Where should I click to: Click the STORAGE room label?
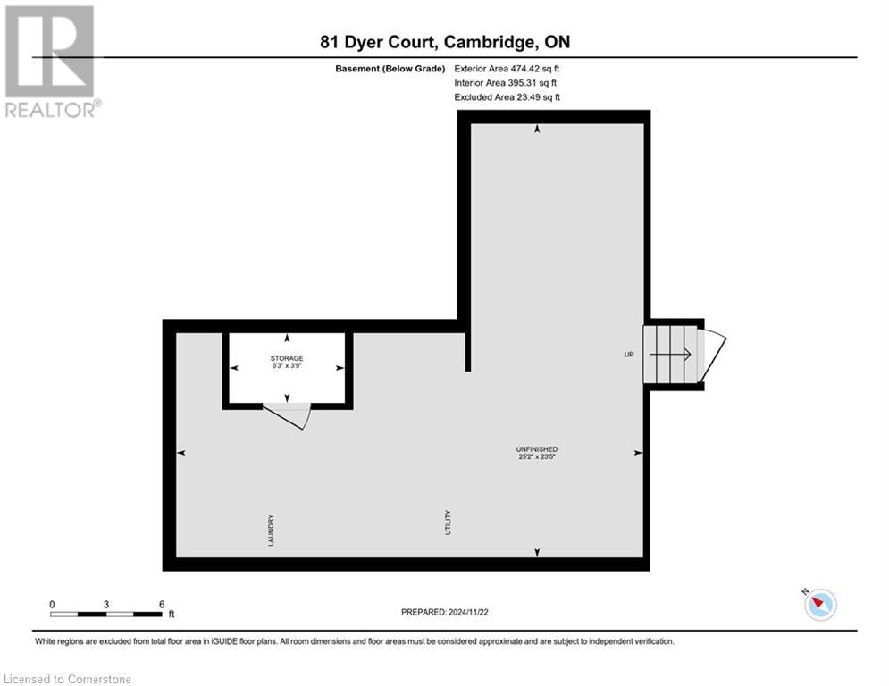pos(287,358)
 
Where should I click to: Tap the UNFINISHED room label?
pos(536,448)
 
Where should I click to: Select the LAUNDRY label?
pos(270,530)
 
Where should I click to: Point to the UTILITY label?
pos(448,522)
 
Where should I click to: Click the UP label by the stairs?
pos(628,355)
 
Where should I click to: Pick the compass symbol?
pos(819,605)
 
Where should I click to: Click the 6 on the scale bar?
pos(161,605)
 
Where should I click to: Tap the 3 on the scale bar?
pos(106,605)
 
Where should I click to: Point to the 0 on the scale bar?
pos(52,605)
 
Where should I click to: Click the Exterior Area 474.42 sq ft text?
pos(507,68)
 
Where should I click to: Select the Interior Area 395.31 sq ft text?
pos(505,83)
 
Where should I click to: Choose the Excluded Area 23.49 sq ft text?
pos(507,97)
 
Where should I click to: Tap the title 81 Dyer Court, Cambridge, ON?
pos(445,42)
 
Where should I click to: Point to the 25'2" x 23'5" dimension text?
pos(536,457)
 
